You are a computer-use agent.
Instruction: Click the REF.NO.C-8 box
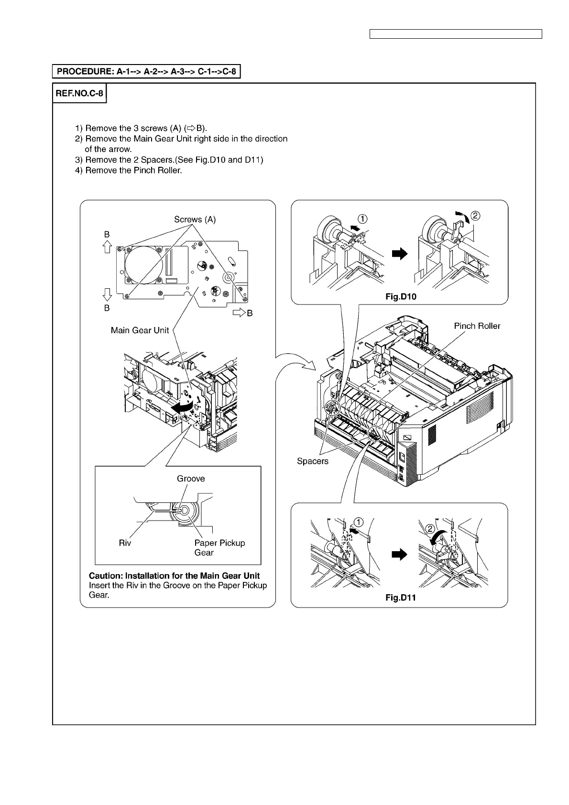click(x=79, y=93)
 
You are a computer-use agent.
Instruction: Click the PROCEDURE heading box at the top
click(x=146, y=72)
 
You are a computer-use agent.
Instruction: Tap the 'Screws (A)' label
click(x=195, y=219)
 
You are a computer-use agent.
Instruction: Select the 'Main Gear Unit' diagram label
click(x=140, y=330)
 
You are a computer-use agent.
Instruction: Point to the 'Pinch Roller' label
click(x=477, y=326)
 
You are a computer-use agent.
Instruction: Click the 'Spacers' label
click(x=313, y=461)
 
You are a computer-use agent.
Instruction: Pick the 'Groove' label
click(x=191, y=479)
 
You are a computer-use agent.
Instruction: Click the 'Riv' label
click(x=125, y=543)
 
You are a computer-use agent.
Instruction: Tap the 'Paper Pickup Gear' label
click(x=219, y=548)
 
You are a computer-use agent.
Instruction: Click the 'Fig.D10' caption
click(x=401, y=297)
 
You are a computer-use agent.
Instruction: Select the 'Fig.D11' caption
click(x=401, y=598)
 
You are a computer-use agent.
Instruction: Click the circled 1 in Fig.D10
click(x=363, y=219)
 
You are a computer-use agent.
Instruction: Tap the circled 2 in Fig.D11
click(x=430, y=529)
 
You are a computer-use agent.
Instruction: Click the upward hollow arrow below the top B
click(x=107, y=247)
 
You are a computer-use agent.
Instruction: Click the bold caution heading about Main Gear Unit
click(x=175, y=576)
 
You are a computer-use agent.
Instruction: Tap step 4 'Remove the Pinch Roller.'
click(x=129, y=170)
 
